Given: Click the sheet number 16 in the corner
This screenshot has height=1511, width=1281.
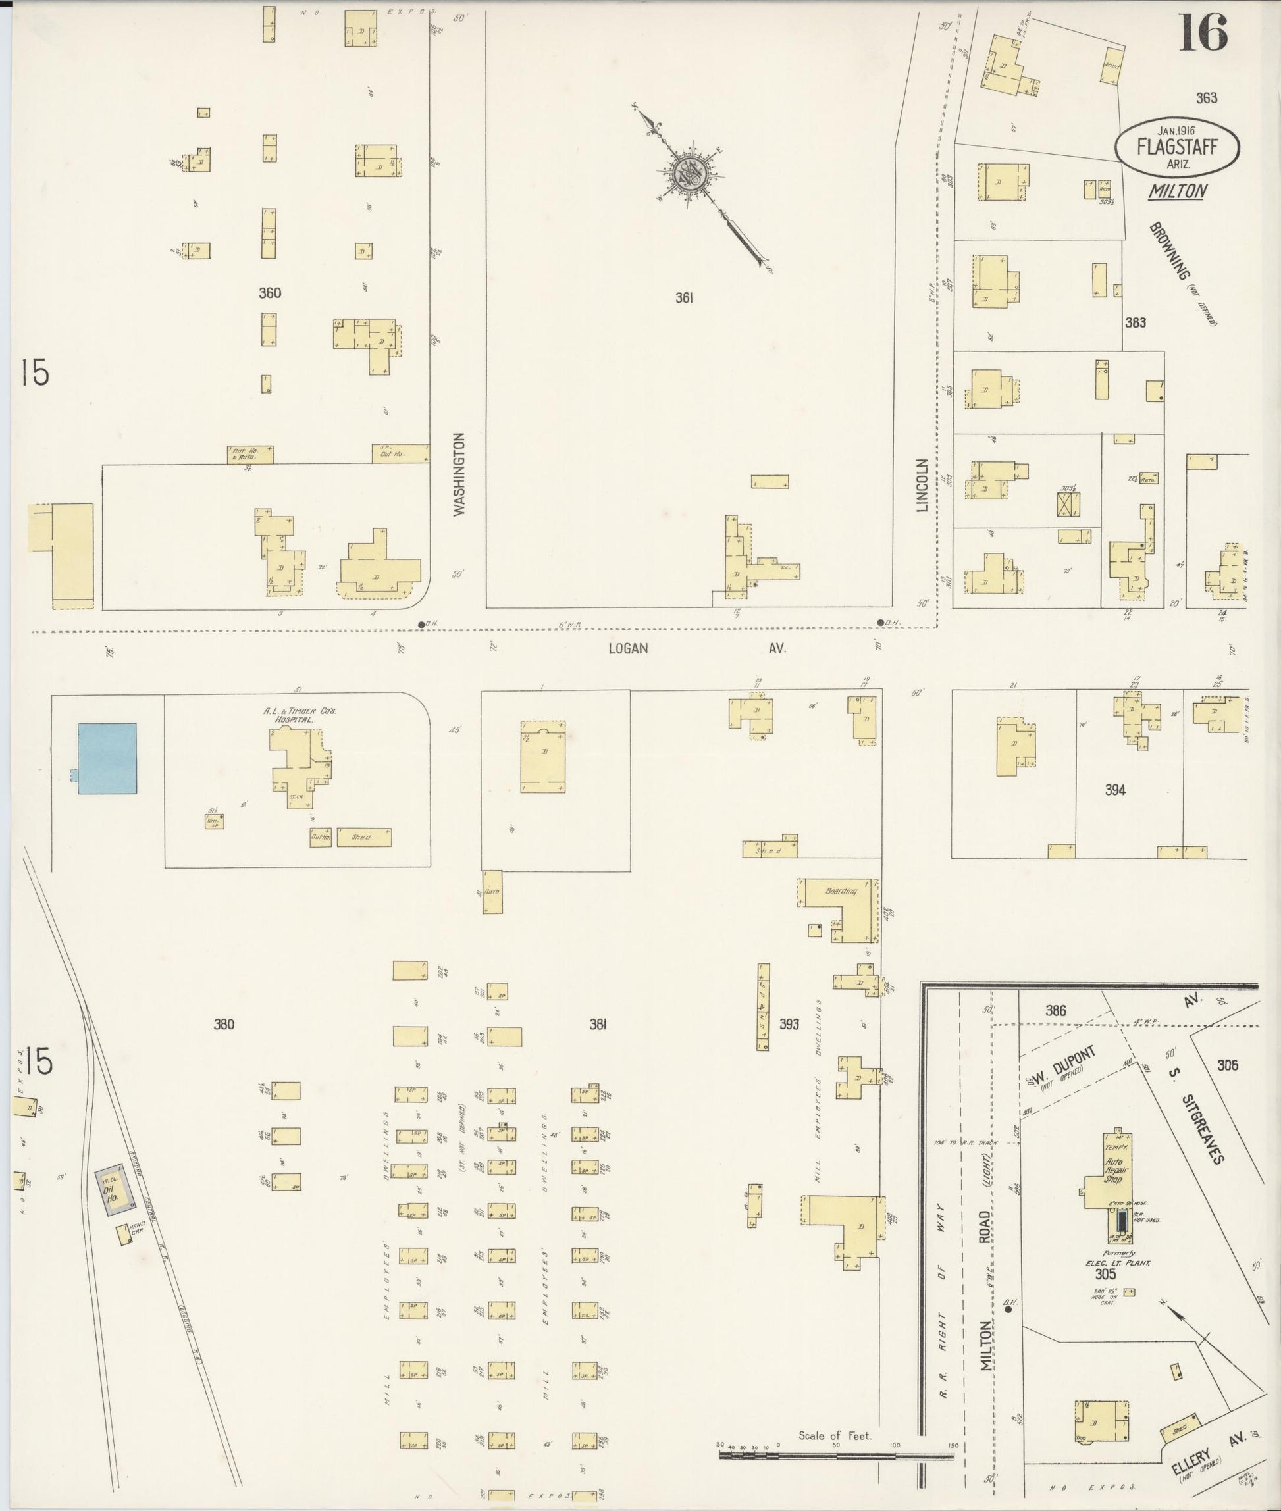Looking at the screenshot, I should pos(1203,34).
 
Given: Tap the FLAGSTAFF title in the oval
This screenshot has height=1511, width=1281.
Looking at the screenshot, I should pos(1177,148).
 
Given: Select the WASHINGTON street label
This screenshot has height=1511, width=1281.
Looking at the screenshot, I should pos(458,475).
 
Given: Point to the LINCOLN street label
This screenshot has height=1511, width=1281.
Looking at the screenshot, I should pos(922,485).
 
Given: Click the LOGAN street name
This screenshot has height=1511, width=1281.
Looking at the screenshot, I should pos(628,648).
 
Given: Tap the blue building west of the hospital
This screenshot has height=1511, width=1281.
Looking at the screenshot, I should pos(107,758).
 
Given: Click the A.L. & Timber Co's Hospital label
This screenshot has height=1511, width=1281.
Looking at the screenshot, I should pos(300,717).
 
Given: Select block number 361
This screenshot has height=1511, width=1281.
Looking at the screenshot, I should pos(683,297).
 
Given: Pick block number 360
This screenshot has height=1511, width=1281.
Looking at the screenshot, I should pos(269,294).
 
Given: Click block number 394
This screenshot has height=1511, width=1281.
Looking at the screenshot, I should pos(1114,790).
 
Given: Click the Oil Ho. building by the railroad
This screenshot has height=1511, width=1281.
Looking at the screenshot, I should pos(115,1193).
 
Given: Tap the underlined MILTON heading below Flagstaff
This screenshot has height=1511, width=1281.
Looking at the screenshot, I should pos(1177,191).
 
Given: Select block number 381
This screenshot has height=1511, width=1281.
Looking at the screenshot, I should pos(598,1025).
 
